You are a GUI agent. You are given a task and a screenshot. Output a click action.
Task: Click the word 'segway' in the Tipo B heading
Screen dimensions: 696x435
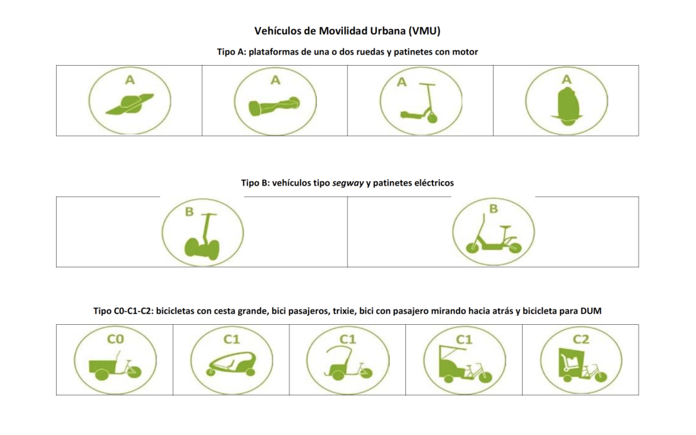(348, 183)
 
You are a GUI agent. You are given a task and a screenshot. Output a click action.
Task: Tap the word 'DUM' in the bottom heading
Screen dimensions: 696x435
(591, 311)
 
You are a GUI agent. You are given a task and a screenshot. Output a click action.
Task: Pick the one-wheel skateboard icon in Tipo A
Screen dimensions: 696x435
(130, 104)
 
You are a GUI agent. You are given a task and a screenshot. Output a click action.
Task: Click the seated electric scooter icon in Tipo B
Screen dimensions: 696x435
(494, 235)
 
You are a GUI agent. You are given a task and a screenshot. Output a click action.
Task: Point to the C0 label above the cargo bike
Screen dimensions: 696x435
(115, 339)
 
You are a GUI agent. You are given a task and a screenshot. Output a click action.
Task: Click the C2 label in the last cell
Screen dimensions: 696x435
(581, 340)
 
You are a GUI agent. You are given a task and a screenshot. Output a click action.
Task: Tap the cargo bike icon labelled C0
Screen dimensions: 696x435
(115, 365)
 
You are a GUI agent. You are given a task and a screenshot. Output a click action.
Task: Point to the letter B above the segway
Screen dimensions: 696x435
(189, 212)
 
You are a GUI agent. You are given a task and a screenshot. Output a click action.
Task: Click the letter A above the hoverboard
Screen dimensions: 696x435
(276, 81)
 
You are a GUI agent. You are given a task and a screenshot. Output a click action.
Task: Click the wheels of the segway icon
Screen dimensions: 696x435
(202, 249)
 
